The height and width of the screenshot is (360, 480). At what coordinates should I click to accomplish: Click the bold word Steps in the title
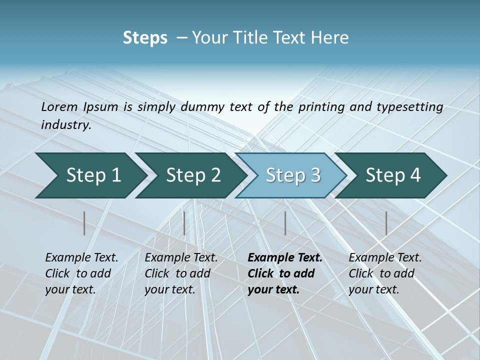click(x=145, y=38)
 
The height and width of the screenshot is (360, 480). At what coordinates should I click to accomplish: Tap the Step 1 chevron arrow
click(x=90, y=175)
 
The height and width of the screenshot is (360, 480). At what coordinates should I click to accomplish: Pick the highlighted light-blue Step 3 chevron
click(x=291, y=175)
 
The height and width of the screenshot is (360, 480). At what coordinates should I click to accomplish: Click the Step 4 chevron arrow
click(x=391, y=175)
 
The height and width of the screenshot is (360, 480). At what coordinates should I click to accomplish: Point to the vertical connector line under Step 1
click(x=84, y=223)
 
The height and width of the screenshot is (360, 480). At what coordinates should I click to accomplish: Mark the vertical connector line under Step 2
click(x=184, y=223)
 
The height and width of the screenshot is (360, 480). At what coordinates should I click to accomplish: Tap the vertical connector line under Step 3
click(x=285, y=223)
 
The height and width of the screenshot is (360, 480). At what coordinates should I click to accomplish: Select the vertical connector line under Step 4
click(x=386, y=223)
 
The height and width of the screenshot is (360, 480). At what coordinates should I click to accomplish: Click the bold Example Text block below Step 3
click(x=284, y=273)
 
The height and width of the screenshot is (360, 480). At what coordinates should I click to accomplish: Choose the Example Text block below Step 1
click(x=81, y=273)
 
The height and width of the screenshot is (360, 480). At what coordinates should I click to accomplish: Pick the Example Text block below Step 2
click(x=181, y=273)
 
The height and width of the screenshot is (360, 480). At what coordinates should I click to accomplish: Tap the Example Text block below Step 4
click(x=385, y=273)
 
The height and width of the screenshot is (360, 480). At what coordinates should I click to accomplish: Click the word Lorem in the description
click(x=59, y=106)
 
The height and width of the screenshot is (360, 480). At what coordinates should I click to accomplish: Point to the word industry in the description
click(x=66, y=124)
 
